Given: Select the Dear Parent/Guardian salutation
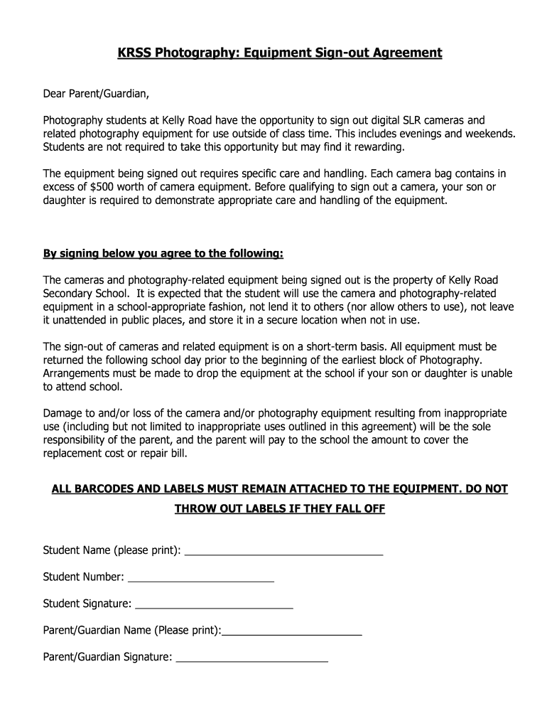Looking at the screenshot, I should [x=97, y=94].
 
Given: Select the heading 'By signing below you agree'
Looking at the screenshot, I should [x=163, y=254].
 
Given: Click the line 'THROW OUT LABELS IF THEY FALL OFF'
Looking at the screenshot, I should [x=279, y=509].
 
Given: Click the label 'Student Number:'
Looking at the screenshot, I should [x=84, y=577].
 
